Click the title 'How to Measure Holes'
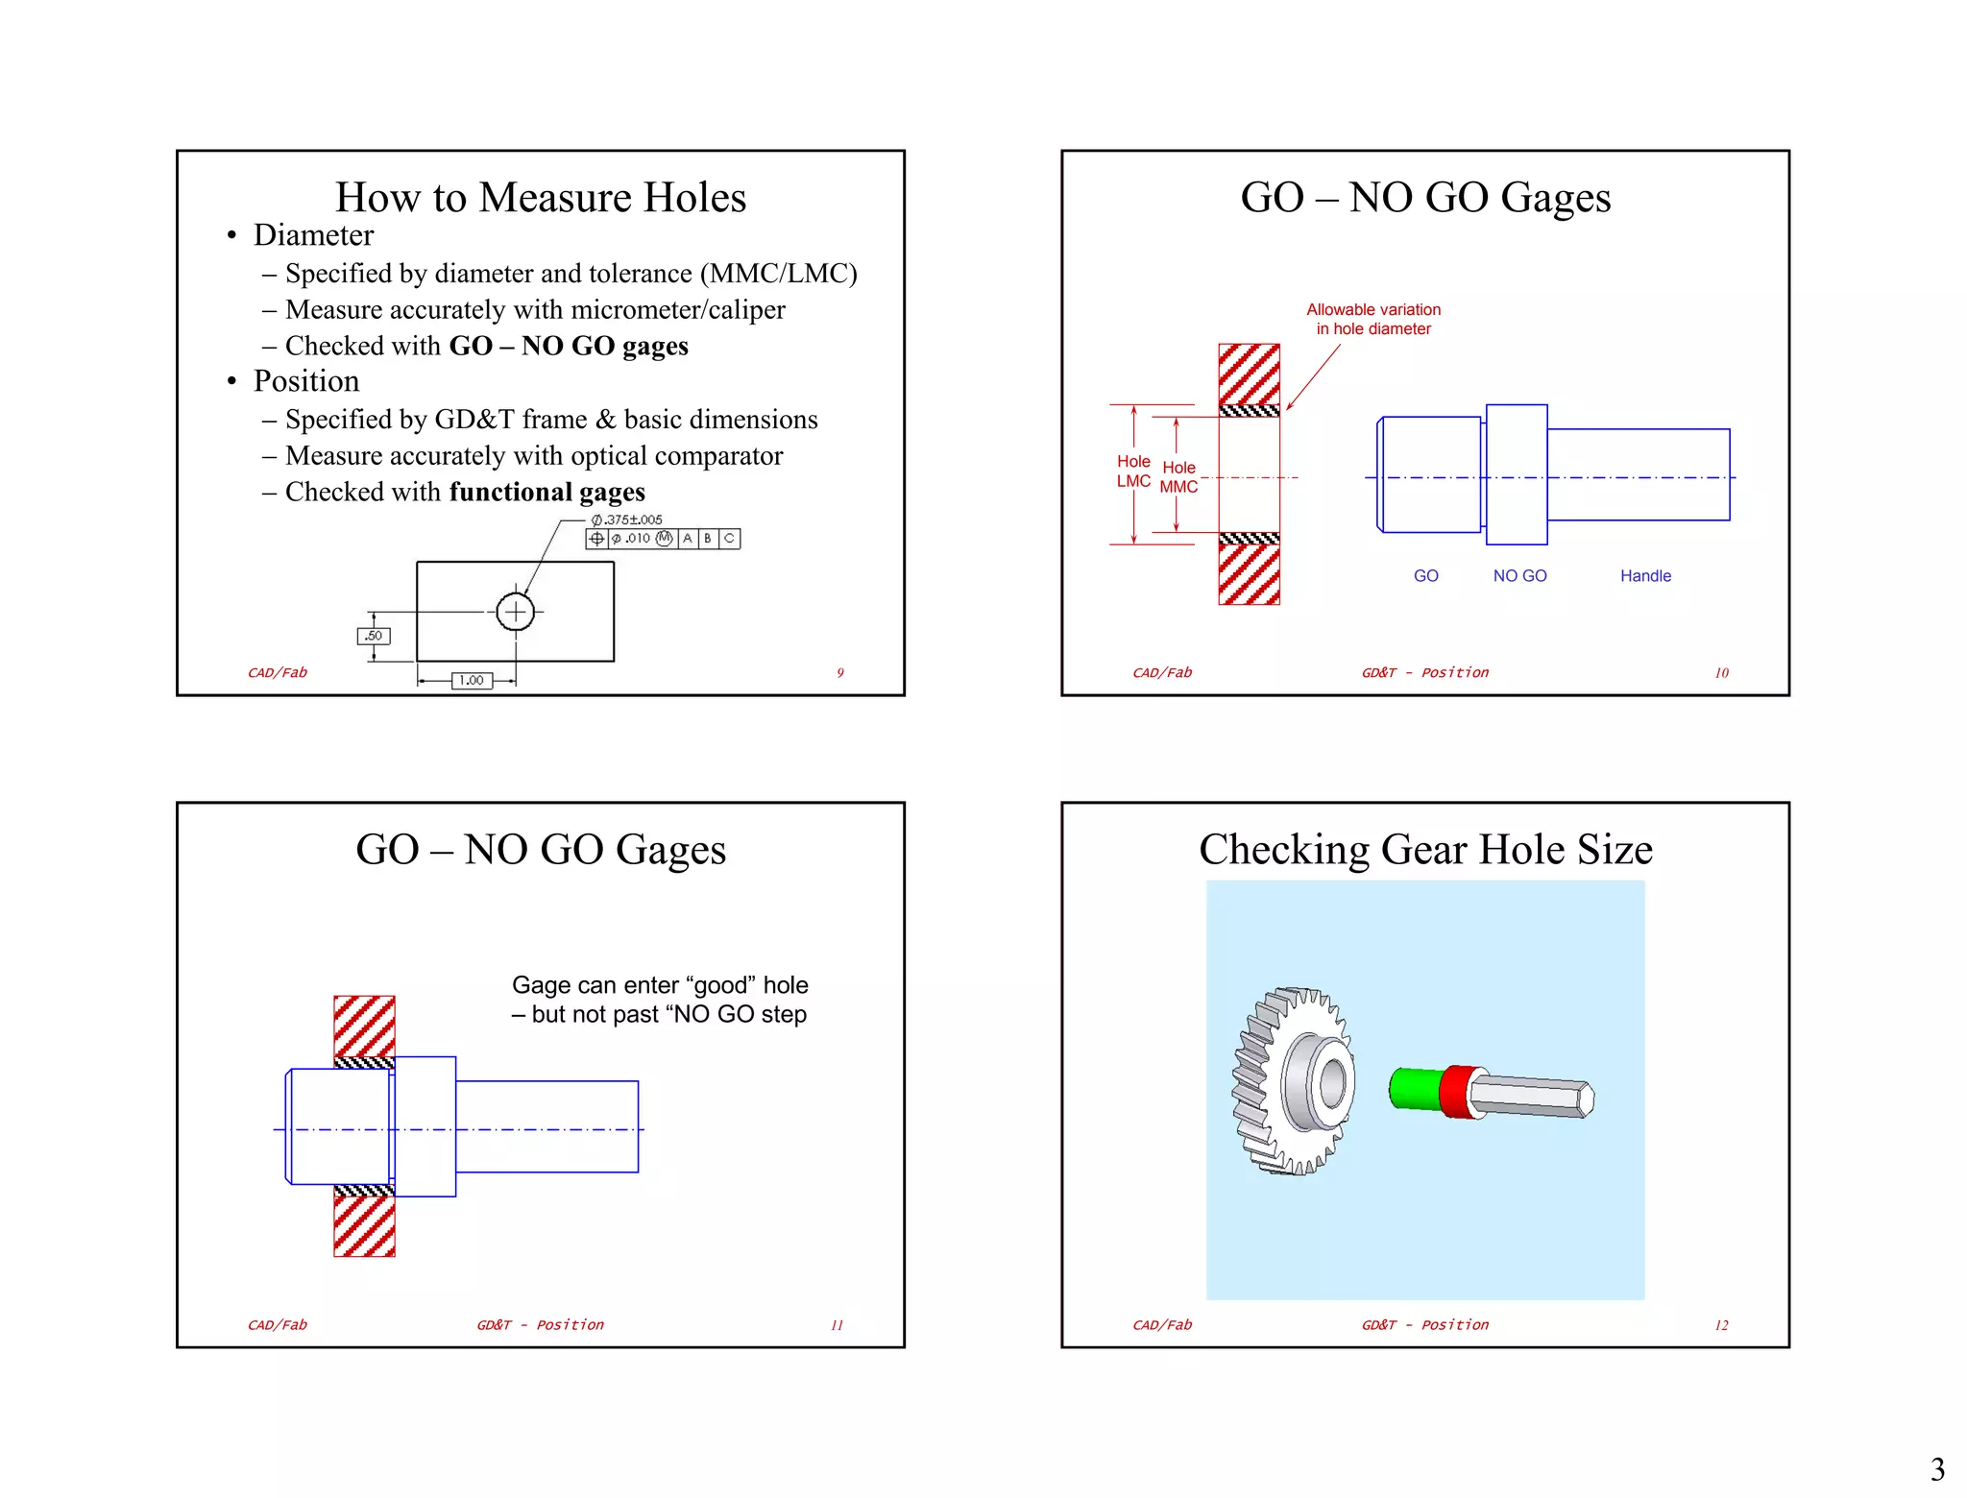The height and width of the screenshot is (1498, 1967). pos(540,198)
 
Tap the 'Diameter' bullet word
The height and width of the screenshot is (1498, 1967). pos(313,235)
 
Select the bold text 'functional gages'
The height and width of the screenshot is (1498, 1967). pos(546,492)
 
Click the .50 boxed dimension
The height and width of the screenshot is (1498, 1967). pos(374,636)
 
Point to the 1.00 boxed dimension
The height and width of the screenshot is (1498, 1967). pos(472,680)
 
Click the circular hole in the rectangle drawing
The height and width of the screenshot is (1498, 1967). pos(516,612)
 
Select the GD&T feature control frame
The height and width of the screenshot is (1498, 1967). pos(663,539)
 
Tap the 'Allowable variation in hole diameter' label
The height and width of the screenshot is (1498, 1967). pos(1372,319)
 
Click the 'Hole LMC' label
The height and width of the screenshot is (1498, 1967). pos(1133,471)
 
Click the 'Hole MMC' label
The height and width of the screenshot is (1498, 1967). pos(1178,477)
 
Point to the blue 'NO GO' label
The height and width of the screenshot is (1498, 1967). pos(1519,576)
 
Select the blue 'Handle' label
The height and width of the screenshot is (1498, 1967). pos(1645,576)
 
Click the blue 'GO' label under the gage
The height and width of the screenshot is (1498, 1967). pos(1425,576)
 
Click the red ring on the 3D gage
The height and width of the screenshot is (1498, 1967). pos(1458,1093)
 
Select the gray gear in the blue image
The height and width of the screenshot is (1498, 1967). pos(1293,1082)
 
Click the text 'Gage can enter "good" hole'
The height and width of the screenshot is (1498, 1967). pos(660,985)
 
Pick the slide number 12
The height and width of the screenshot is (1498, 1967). pos(1721,1325)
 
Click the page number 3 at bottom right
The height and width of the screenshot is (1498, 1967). pos(1937,1469)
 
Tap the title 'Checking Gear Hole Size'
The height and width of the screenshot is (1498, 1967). pos(1425,850)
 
